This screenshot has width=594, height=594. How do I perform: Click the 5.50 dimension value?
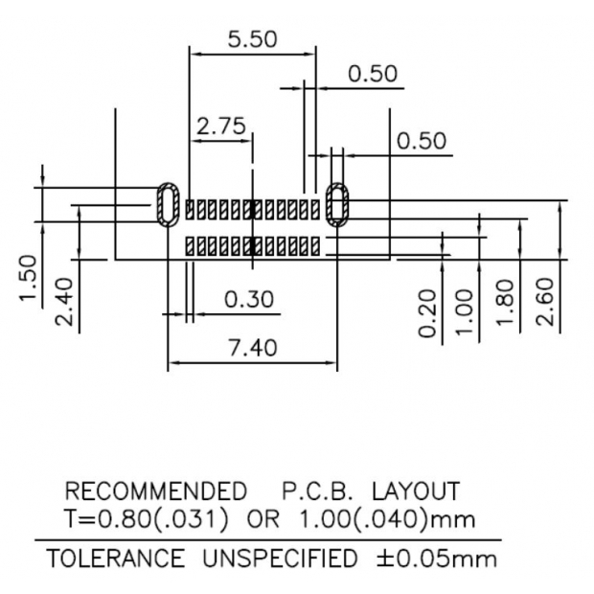click(252, 39)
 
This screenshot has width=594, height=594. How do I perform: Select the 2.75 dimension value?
click(221, 126)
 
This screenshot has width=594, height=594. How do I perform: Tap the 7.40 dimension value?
click(252, 347)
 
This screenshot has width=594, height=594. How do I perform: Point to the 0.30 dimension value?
click(248, 300)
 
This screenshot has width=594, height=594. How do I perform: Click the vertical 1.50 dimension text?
click(28, 279)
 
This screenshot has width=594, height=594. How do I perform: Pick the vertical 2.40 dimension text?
click(64, 301)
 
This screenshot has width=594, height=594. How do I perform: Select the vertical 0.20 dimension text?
click(428, 313)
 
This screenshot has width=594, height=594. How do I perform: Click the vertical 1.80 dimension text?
click(507, 303)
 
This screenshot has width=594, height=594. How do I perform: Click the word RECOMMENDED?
click(155, 492)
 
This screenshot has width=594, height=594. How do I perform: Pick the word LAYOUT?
click(416, 492)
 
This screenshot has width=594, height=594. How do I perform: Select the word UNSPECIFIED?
click(279, 558)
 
